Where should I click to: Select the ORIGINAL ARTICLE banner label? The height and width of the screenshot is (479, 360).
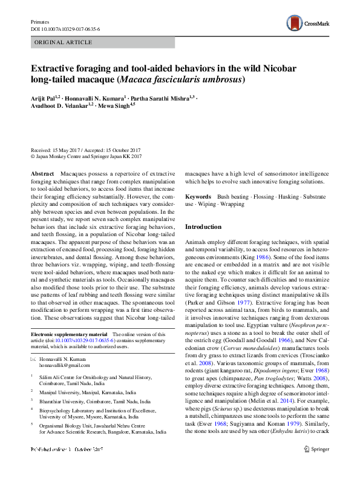click(64, 42)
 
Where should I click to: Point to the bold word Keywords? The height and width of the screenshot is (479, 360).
click(198, 197)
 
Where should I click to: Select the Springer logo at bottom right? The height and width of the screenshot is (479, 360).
click(316, 466)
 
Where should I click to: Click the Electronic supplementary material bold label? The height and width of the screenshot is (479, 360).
click(68, 334)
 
